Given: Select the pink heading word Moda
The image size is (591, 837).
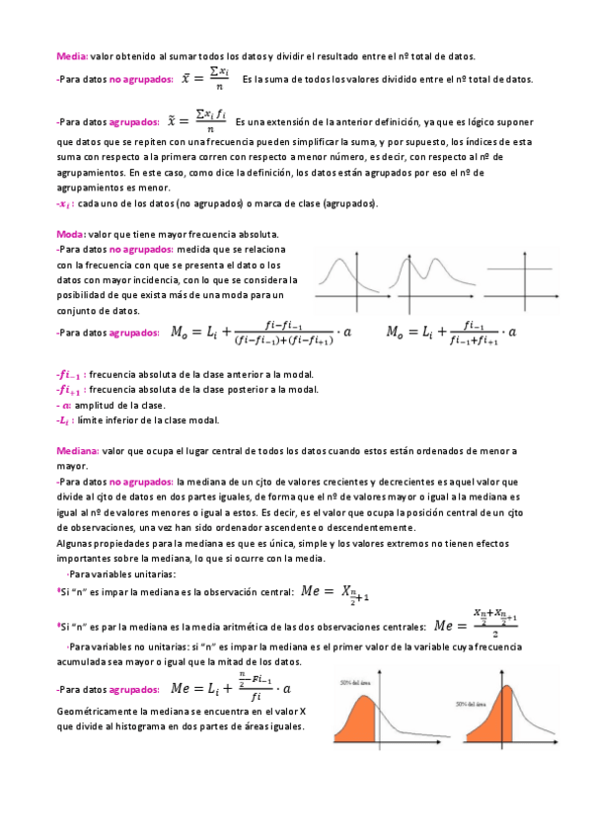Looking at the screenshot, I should [x=71, y=234].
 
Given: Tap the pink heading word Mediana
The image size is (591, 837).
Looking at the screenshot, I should [x=79, y=450].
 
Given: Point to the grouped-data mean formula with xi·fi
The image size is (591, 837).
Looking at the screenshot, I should [x=198, y=121].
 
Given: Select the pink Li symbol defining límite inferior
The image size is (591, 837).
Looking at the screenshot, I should [x=64, y=420].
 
